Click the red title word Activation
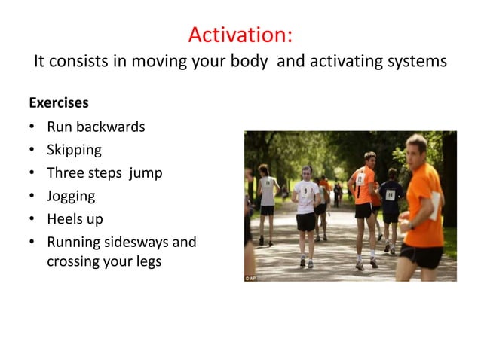[240, 35]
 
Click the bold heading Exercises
[58, 102]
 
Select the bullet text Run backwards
[96, 127]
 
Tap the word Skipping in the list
[74, 150]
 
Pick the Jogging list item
[71, 196]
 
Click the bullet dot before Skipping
[32, 150]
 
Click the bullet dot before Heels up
[32, 219]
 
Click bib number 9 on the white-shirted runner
[305, 191]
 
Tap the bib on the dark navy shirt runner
[390, 194]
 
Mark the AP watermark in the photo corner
[251, 277]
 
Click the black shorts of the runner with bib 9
[305, 221]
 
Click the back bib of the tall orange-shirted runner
[360, 180]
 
